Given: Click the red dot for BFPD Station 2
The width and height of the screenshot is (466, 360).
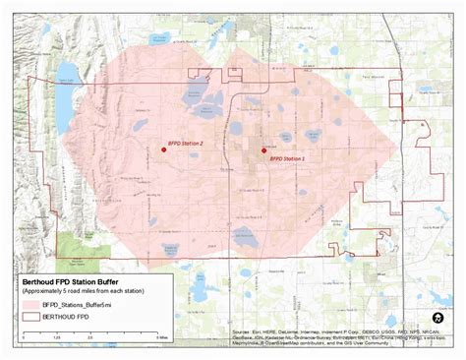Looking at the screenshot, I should coord(163,150).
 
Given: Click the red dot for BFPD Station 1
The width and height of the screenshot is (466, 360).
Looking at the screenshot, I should coord(263,150).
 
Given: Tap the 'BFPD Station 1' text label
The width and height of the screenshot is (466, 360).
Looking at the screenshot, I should coord(287,157).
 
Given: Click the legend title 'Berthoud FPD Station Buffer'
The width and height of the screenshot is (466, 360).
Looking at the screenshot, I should coord(82,282).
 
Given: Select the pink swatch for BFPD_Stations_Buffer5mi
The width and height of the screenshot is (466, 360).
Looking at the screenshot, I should coord(31,306).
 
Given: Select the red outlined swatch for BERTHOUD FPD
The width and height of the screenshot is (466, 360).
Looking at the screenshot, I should coord(31,319).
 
